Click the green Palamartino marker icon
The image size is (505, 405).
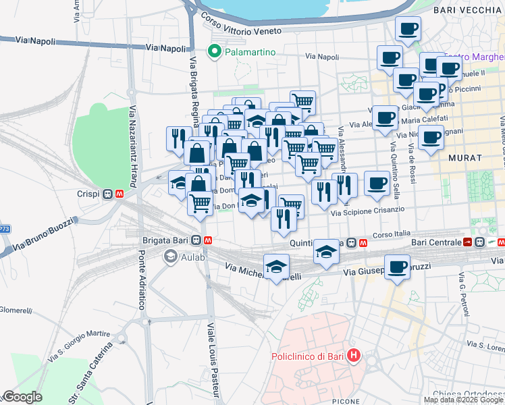coord(215,51)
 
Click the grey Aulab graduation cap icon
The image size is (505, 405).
coord(171,256)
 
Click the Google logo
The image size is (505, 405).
coord(22,397)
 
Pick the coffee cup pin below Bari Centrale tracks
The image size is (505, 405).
coord(398,267)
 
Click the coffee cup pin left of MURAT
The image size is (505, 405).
coord(431,138)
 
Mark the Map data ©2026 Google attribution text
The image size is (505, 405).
coord(463,400)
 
